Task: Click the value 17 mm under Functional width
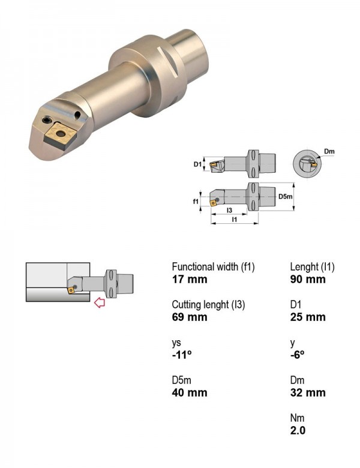tap(190, 280)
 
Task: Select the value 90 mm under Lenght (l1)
tap(308, 280)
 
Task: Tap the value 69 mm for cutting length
tap(190, 317)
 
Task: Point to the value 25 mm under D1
tap(308, 317)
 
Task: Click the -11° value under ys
tap(181, 355)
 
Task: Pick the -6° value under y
tap(298, 355)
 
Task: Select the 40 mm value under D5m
tap(190, 392)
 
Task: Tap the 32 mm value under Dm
tap(308, 392)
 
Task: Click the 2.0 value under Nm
tap(298, 430)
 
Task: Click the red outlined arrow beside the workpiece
tap(100, 302)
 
